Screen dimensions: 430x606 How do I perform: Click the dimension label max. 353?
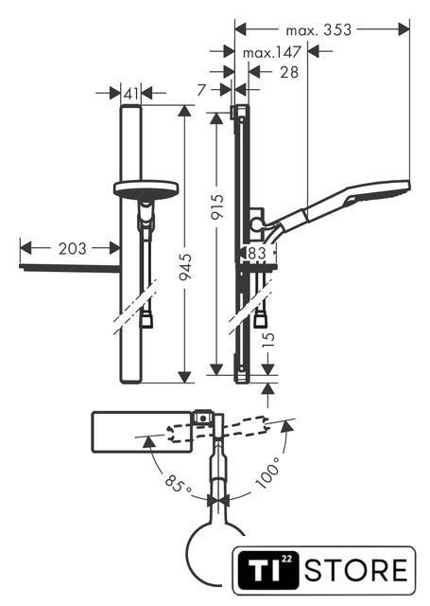point(318,29)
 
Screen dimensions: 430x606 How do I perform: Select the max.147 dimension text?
point(271,52)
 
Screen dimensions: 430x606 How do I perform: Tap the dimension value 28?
point(289,72)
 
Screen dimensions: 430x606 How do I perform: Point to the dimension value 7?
point(201,90)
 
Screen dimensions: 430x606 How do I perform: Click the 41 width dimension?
point(131,93)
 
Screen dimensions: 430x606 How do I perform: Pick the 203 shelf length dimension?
point(73,248)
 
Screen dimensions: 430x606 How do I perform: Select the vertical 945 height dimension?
point(185,267)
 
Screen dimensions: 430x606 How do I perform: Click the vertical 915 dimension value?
point(218,206)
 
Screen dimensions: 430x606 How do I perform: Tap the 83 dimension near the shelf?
point(257,253)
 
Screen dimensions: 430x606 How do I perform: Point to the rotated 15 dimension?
point(269,339)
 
